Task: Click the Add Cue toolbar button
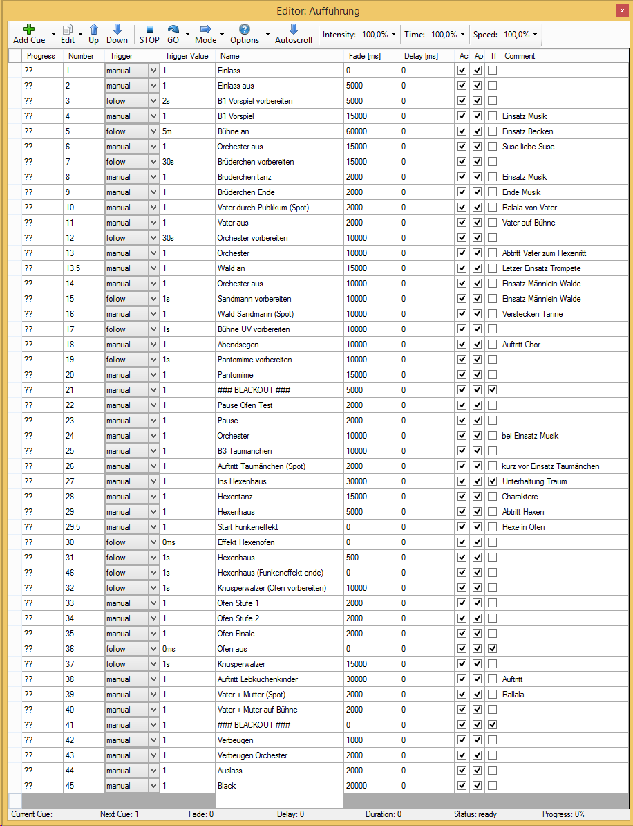pos(29,33)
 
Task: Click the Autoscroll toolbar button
pos(293,33)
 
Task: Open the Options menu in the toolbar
pos(245,33)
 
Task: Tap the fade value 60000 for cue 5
pos(357,131)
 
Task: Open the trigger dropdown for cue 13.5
pos(153,268)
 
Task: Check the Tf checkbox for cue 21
pos(493,390)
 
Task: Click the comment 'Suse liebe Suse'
pos(528,147)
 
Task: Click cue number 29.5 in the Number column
pos(73,527)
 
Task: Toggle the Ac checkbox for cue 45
pos(462,786)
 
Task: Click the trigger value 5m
pos(167,131)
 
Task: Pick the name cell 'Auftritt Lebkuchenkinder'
pos(258,679)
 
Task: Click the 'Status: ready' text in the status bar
pos(475,814)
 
